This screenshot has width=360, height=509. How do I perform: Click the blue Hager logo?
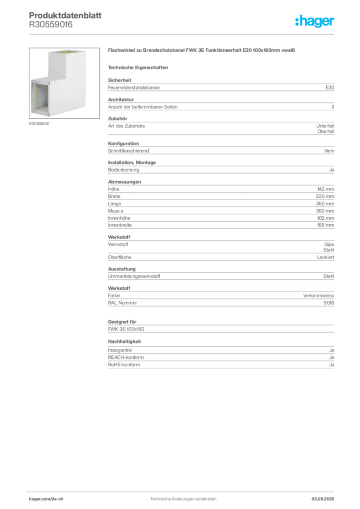click(x=316, y=22)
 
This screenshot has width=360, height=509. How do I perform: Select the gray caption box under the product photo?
click(x=40, y=124)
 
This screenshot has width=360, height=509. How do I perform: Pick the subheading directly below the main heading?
click(x=140, y=67)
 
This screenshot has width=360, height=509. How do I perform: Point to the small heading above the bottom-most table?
click(x=125, y=342)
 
